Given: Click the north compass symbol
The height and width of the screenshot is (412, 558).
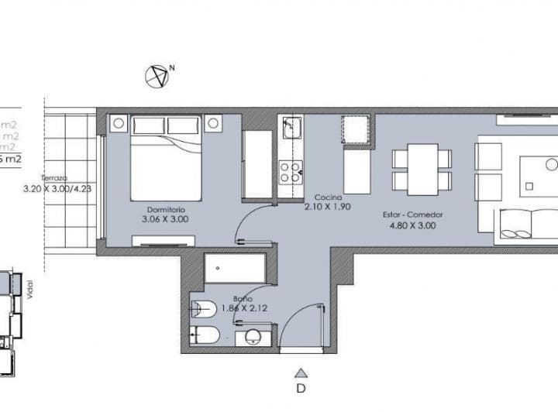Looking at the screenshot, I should (x=157, y=76).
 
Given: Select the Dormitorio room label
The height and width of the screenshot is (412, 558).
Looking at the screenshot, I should (x=165, y=209).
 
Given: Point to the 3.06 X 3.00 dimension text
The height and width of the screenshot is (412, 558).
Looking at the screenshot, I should (x=165, y=219).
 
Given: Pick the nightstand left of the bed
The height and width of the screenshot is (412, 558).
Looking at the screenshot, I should (x=119, y=123).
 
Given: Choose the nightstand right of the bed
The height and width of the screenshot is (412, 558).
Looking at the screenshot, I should (x=213, y=123).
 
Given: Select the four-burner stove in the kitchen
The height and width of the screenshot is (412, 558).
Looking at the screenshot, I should (x=290, y=171).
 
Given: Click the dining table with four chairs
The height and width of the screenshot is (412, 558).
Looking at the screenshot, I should (x=422, y=170).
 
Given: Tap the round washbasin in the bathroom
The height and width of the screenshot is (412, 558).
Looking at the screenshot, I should (x=253, y=337).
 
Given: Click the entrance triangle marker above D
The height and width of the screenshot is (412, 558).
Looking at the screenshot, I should (x=301, y=372).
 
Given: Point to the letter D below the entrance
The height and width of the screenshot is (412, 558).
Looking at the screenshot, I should (x=301, y=388).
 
